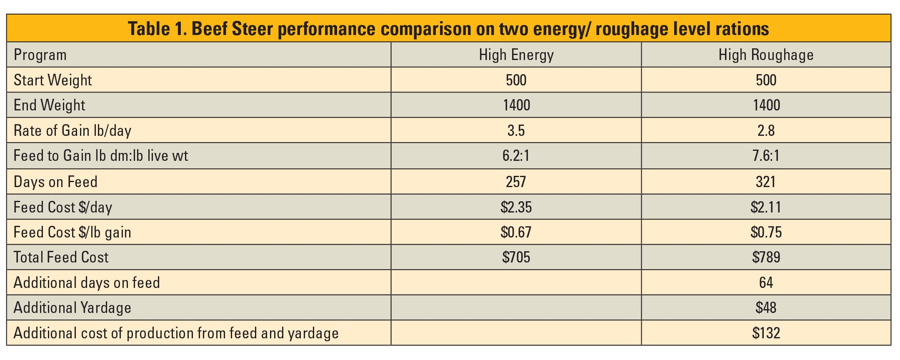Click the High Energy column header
(x=516, y=55)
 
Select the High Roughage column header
(x=766, y=55)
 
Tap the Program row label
(x=40, y=55)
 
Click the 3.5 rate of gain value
(x=516, y=131)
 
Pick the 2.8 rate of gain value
(x=766, y=131)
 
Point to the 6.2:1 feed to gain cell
(x=516, y=156)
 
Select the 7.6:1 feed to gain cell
(x=766, y=156)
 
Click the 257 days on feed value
(x=516, y=182)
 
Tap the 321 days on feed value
(x=766, y=182)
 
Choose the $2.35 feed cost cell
(x=516, y=207)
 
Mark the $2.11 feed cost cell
(x=766, y=207)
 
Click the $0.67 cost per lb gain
(x=516, y=232)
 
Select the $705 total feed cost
(x=516, y=257)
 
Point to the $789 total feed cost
(x=766, y=257)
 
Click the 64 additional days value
(x=766, y=282)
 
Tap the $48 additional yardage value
(x=766, y=307)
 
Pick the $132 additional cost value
(x=766, y=333)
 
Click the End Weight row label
(x=49, y=105)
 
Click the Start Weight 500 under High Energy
(x=516, y=80)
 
